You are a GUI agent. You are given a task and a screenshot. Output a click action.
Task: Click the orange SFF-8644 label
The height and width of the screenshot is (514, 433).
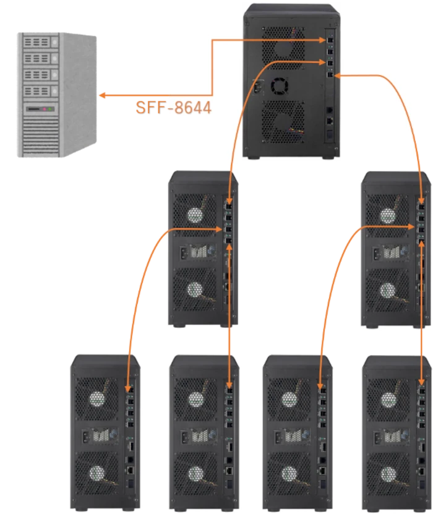pyautogui.click(x=173, y=108)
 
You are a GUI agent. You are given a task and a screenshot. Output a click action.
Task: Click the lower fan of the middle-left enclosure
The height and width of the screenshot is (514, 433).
pyautogui.click(x=195, y=289)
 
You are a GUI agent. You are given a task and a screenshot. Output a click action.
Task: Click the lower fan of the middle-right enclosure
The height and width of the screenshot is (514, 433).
pyautogui.click(x=388, y=289)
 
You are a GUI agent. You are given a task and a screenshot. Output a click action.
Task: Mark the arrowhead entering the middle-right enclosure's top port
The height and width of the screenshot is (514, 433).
pyautogui.click(x=421, y=200)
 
